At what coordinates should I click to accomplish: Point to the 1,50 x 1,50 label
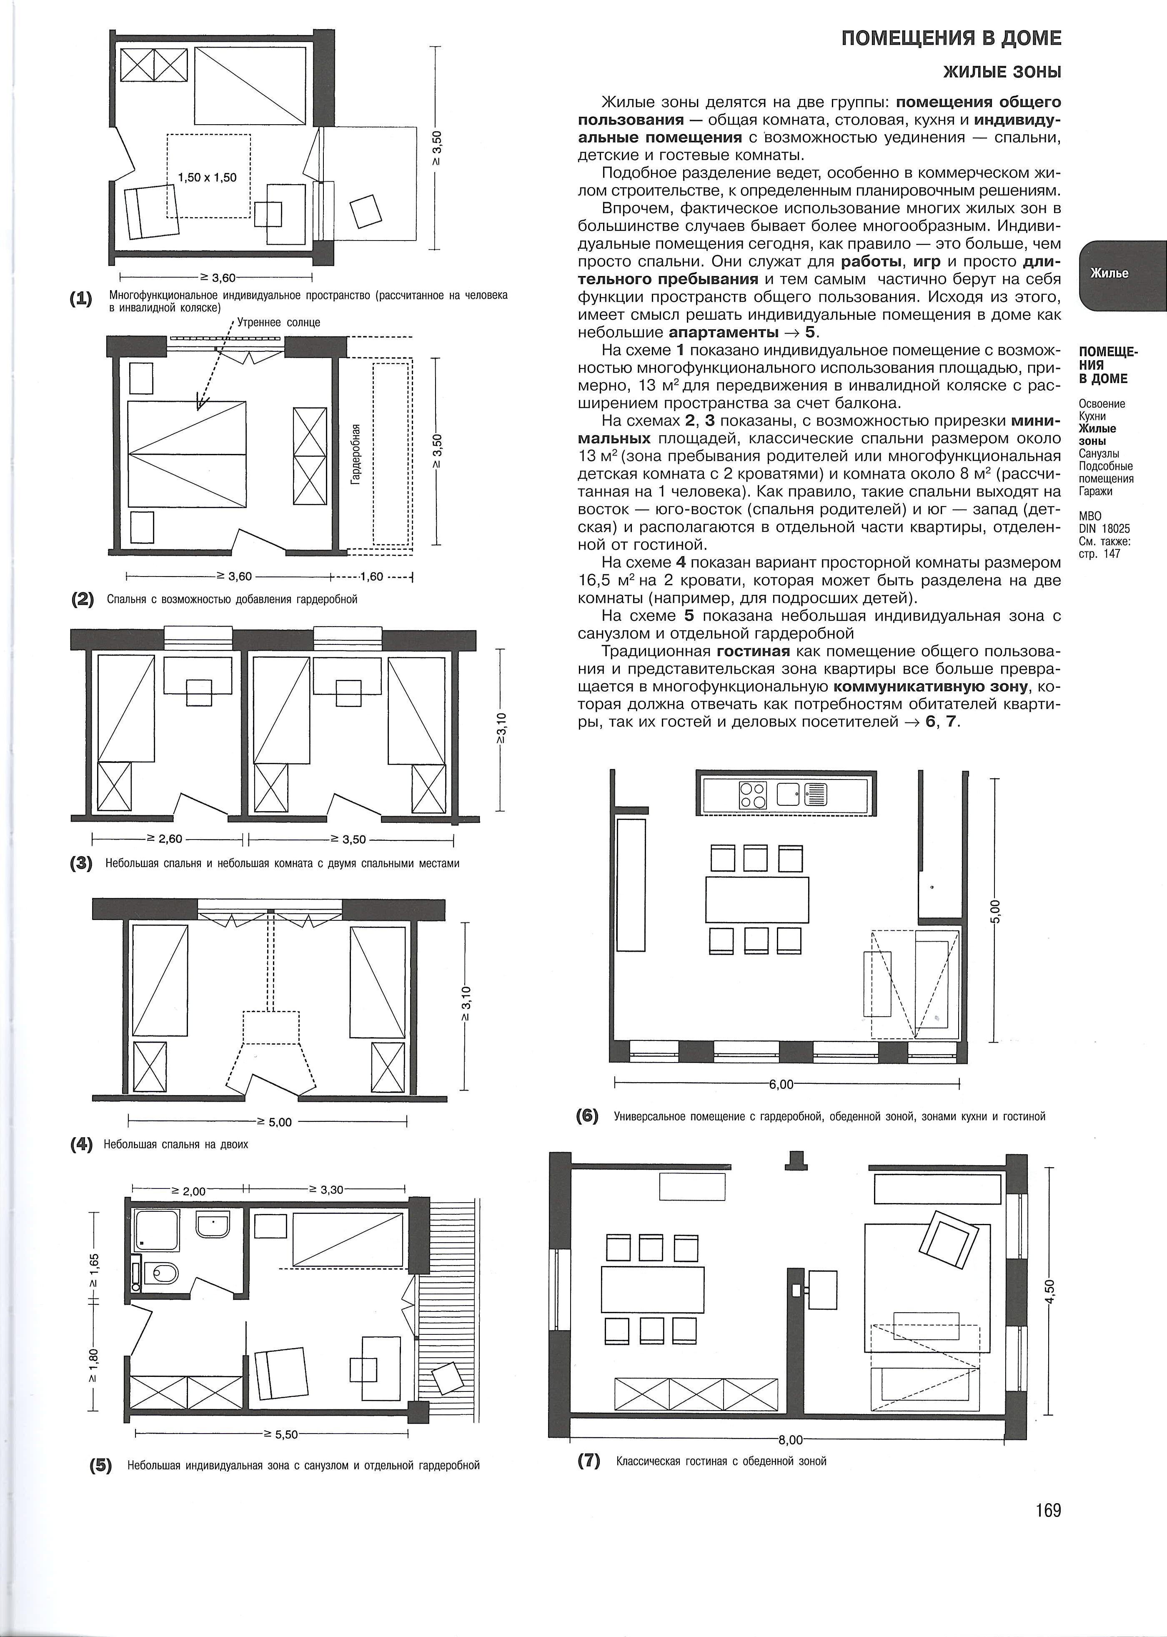[207, 178]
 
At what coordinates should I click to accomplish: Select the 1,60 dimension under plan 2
[372, 577]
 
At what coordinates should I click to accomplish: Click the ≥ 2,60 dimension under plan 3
[165, 838]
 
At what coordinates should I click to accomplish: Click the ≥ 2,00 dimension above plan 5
[188, 1191]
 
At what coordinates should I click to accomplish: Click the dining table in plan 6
[757, 900]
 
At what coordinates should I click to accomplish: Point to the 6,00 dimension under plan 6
[781, 1084]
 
